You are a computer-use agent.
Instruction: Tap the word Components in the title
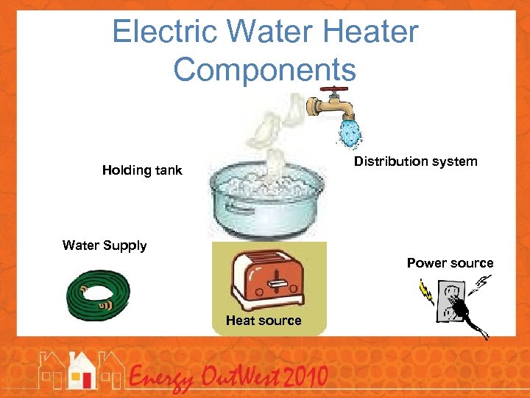click(265, 69)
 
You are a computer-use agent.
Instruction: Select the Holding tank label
click(142, 171)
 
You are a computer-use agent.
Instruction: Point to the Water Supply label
click(105, 245)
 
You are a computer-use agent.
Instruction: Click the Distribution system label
click(415, 161)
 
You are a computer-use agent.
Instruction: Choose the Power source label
click(450, 263)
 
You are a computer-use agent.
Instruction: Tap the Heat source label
click(264, 321)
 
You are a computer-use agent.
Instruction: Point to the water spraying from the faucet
click(350, 133)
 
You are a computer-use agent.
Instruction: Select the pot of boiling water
click(266, 198)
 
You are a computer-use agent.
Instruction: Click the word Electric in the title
click(166, 32)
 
